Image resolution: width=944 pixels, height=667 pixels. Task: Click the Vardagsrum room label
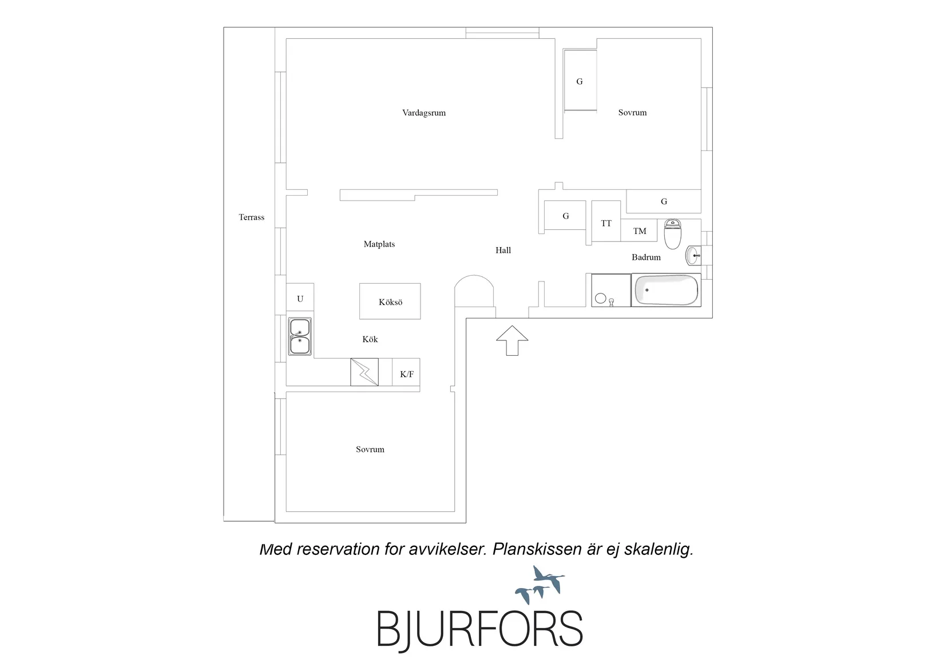tap(423, 113)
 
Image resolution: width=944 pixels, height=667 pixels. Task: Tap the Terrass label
tap(252, 217)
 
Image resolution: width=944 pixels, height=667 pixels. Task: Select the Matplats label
tap(379, 244)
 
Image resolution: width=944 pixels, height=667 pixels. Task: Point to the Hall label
tap(503, 251)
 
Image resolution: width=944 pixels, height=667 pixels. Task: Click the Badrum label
tap(646, 257)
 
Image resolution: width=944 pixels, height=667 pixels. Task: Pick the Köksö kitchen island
tap(390, 301)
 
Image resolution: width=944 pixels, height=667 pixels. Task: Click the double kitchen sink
tap(300, 336)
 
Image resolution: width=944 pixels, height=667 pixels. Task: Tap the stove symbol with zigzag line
tap(364, 372)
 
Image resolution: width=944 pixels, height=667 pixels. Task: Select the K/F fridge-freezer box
tap(406, 372)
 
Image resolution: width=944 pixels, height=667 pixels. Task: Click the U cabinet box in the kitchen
tap(300, 297)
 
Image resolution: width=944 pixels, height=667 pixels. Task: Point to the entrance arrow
tap(512, 340)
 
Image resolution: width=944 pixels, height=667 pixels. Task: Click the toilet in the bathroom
tap(673, 234)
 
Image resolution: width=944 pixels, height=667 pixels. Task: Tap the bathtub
tap(666, 290)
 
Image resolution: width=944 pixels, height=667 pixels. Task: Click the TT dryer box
tap(606, 221)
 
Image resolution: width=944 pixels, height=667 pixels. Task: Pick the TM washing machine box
tap(639, 230)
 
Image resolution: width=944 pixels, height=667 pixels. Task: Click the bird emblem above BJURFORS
tap(540, 585)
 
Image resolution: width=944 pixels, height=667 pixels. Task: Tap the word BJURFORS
tap(479, 629)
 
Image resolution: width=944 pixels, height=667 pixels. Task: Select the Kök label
tap(370, 339)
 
